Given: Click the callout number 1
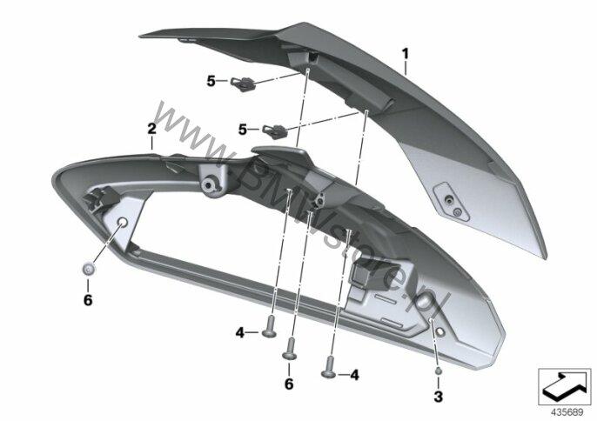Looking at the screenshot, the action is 406,54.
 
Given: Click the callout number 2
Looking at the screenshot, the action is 152,128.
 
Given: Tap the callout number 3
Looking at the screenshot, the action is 439,397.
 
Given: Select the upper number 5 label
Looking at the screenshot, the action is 211,81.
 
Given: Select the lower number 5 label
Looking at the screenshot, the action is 243,130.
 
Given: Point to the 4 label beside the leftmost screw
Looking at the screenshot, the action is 239,333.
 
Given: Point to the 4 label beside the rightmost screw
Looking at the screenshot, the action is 354,375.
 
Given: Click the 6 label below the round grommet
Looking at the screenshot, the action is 88,300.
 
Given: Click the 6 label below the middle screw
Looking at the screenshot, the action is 289,384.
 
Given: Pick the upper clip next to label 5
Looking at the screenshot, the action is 243,83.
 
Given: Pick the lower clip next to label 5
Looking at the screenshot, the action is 274,131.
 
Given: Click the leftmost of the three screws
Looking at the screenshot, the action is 270,327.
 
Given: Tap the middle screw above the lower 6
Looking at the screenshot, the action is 290,349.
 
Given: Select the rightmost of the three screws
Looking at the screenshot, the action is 329,367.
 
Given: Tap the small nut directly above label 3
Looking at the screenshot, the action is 439,371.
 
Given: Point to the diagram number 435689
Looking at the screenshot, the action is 567,412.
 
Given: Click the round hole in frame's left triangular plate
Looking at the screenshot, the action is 123,223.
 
